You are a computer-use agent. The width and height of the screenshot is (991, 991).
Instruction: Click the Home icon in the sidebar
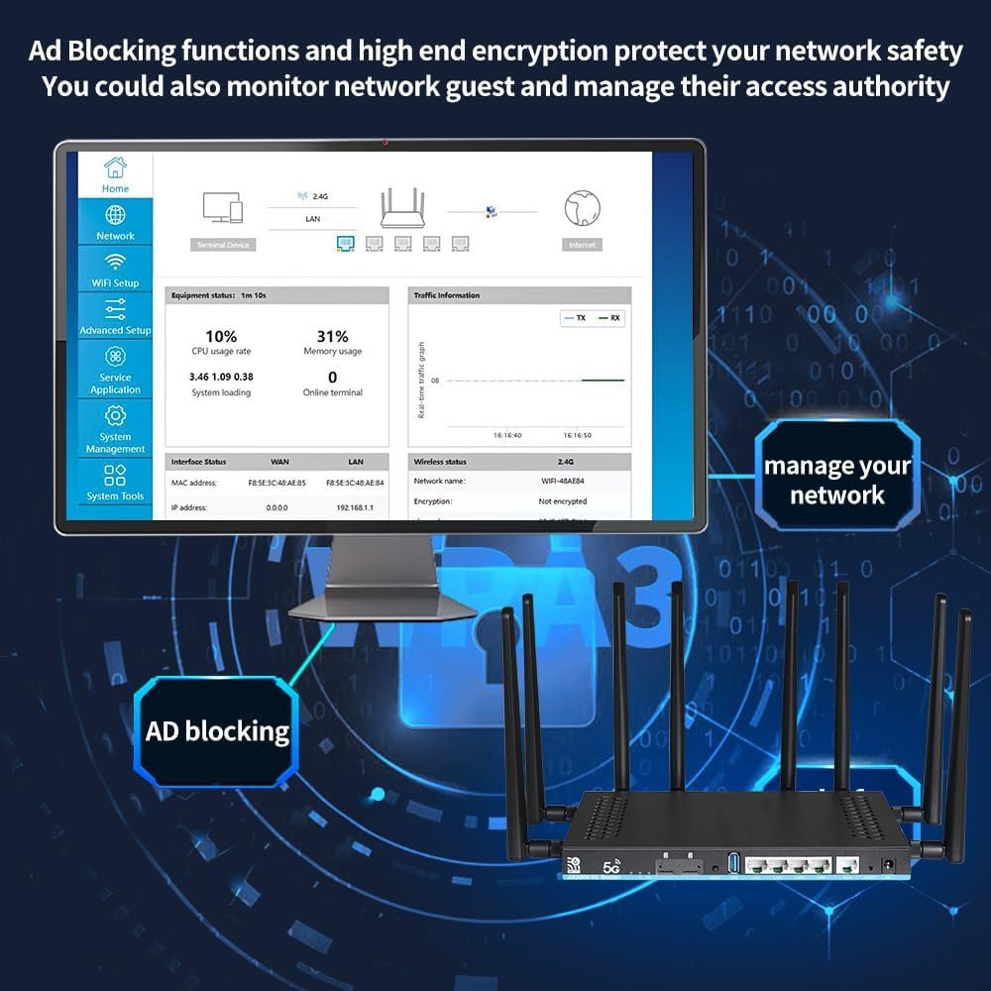[115, 167]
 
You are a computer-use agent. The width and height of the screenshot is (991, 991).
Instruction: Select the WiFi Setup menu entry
[115, 269]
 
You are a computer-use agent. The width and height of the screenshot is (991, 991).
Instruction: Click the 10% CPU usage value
[221, 337]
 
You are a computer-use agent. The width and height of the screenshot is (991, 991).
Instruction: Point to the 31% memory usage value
[332, 337]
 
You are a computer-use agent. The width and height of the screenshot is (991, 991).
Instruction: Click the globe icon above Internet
[582, 208]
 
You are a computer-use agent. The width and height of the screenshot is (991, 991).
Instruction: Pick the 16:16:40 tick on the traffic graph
[507, 435]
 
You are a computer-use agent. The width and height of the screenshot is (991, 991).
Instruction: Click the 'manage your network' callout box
[836, 481]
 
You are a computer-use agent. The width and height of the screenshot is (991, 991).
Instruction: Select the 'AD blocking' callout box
[217, 731]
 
